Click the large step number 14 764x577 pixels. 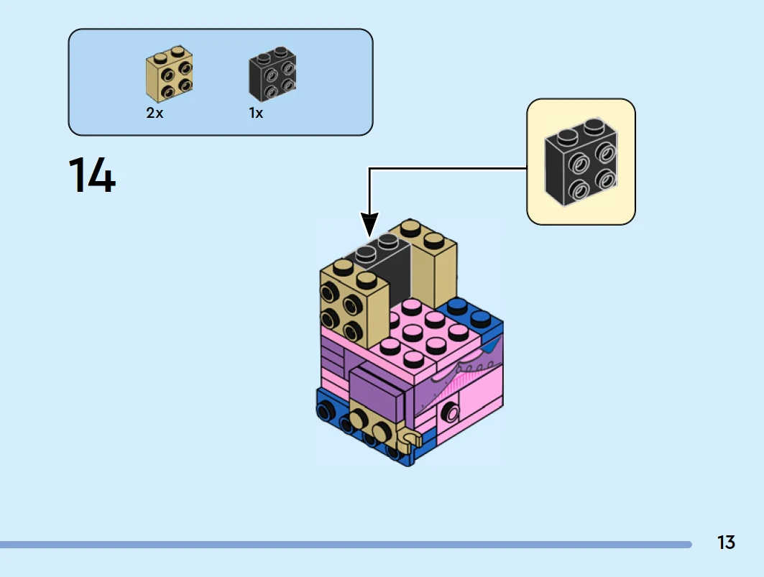click(x=92, y=176)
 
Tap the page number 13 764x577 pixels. click(x=726, y=543)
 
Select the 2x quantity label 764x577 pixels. click(x=155, y=114)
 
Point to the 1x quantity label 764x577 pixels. click(x=256, y=114)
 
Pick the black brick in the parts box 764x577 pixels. click(x=272, y=75)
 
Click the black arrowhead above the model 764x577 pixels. click(x=369, y=224)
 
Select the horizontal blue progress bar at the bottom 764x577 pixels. click(x=345, y=545)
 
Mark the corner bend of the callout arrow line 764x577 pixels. click(x=369, y=169)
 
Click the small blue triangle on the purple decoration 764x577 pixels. click(x=492, y=347)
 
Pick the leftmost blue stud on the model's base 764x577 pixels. click(x=323, y=411)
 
